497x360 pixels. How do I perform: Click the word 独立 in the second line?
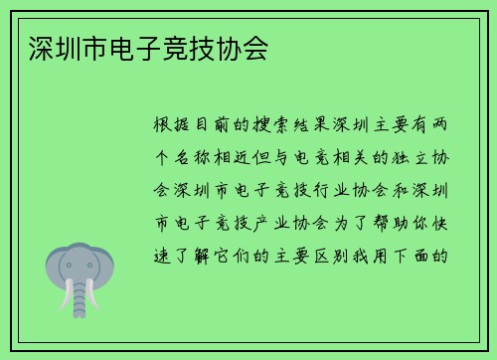pyautogui.click(x=400, y=157)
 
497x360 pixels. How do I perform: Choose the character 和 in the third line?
pyautogui.click(x=401, y=190)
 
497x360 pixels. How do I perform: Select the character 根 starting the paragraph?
pyautogui.click(x=161, y=125)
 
